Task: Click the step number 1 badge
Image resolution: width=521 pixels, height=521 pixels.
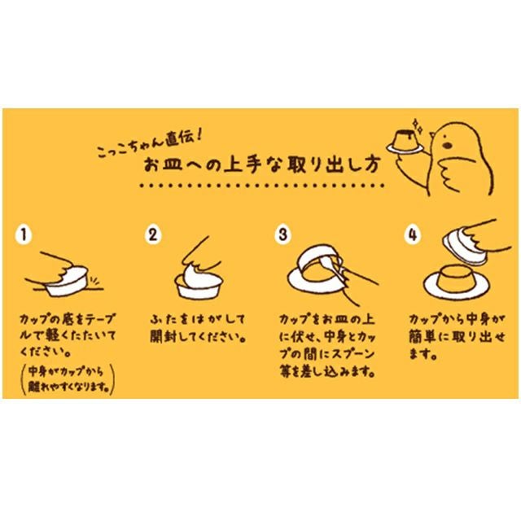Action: (24, 234)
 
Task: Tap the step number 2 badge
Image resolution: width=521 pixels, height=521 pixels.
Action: (153, 234)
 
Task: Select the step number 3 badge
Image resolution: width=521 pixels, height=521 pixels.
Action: (282, 234)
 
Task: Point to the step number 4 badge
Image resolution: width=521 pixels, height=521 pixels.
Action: (413, 234)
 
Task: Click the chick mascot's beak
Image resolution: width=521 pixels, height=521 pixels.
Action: (431, 135)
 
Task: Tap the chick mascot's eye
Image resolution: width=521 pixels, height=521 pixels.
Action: (448, 145)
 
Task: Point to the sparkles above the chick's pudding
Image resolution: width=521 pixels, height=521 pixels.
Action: (417, 126)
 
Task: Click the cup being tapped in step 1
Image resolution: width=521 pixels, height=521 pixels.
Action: (68, 282)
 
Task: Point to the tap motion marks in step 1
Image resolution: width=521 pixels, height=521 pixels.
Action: (95, 281)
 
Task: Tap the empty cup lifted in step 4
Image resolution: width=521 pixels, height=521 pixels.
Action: (465, 247)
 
